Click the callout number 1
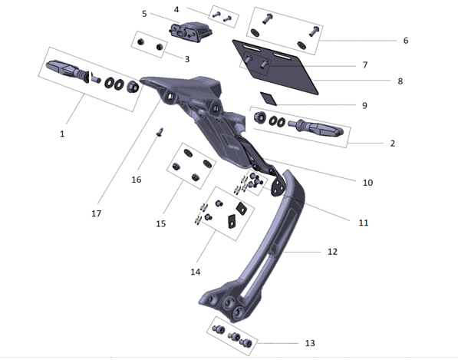click(x=61, y=134)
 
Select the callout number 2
click(x=393, y=144)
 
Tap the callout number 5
click(x=144, y=14)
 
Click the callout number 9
click(x=364, y=105)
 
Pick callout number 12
click(x=332, y=251)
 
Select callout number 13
click(x=309, y=342)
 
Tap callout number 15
click(x=161, y=224)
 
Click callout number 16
click(x=136, y=180)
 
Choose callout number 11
click(x=364, y=223)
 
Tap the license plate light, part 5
click(x=189, y=33)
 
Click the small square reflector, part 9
click(x=267, y=97)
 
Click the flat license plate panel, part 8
click(x=299, y=73)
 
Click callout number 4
click(x=176, y=9)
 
